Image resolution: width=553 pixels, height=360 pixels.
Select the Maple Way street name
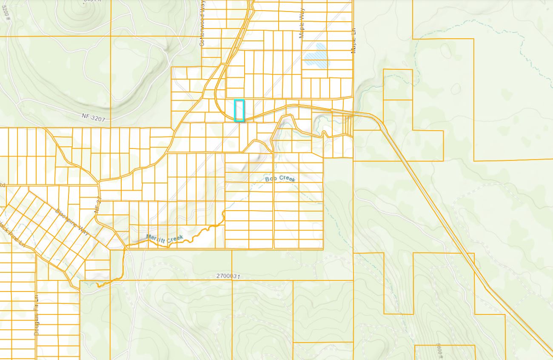tap(302, 25)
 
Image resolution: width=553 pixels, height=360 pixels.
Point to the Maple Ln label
tap(353, 40)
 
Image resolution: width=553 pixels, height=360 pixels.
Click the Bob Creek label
tap(280, 179)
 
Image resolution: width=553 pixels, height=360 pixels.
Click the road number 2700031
tap(228, 276)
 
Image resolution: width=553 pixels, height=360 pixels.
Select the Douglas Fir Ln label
tap(37, 315)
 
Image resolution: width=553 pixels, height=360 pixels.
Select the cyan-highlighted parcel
tap(239, 111)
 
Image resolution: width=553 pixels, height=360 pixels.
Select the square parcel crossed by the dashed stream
tap(398, 84)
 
